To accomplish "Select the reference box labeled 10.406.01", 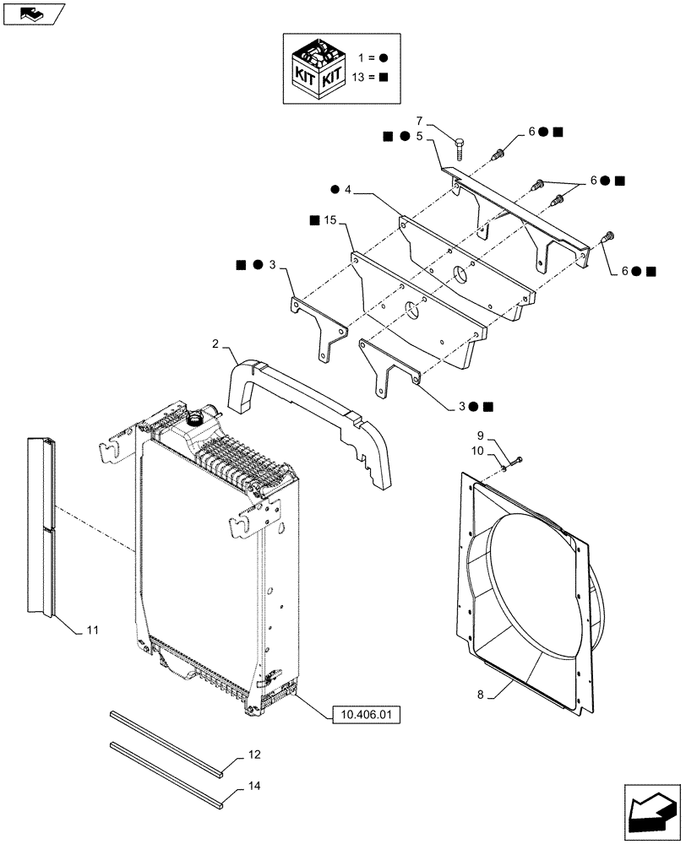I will [x=362, y=715].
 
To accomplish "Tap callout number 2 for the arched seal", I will [x=215, y=345].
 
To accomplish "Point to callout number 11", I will [x=93, y=630].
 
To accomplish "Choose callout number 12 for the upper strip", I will [x=255, y=754].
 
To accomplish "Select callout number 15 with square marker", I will [x=329, y=220].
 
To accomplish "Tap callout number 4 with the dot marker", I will [x=347, y=189].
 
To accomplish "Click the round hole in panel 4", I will [x=460, y=274].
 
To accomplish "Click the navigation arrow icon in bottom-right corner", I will [x=651, y=811].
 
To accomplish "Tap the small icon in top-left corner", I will [x=33, y=13].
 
